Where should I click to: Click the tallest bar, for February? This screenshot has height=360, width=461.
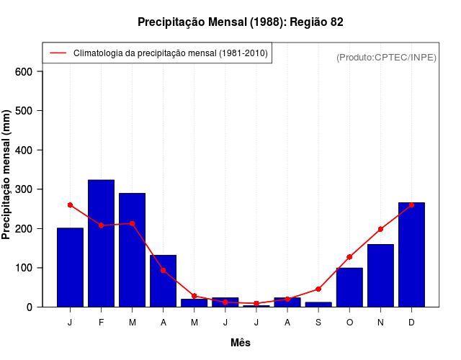click(101, 243)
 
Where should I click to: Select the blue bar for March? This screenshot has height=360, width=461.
click(132, 250)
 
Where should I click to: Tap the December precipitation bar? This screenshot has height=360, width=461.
click(411, 255)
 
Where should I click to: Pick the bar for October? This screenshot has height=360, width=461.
click(349, 287)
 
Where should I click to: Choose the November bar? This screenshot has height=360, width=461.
click(380, 276)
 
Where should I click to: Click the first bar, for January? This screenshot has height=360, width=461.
click(70, 267)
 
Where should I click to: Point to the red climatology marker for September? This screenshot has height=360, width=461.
click(318, 289)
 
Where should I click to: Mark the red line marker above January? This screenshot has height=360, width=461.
click(70, 205)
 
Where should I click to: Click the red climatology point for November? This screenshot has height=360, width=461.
click(380, 229)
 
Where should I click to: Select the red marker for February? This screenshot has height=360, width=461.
click(101, 225)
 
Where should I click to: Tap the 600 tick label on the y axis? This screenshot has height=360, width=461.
click(24, 71)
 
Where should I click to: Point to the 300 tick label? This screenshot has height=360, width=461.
click(24, 189)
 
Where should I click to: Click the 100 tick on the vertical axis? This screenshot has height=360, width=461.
click(24, 268)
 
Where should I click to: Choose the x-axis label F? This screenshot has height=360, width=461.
click(101, 323)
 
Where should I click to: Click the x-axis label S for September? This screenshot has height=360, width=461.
click(318, 323)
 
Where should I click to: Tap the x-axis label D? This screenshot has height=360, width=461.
click(411, 323)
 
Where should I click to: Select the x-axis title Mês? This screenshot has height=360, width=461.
click(241, 343)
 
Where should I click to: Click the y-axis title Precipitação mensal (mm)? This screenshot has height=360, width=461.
click(7, 175)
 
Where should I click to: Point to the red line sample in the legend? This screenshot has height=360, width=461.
click(58, 53)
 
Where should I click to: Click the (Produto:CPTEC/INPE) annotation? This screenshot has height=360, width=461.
click(386, 57)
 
